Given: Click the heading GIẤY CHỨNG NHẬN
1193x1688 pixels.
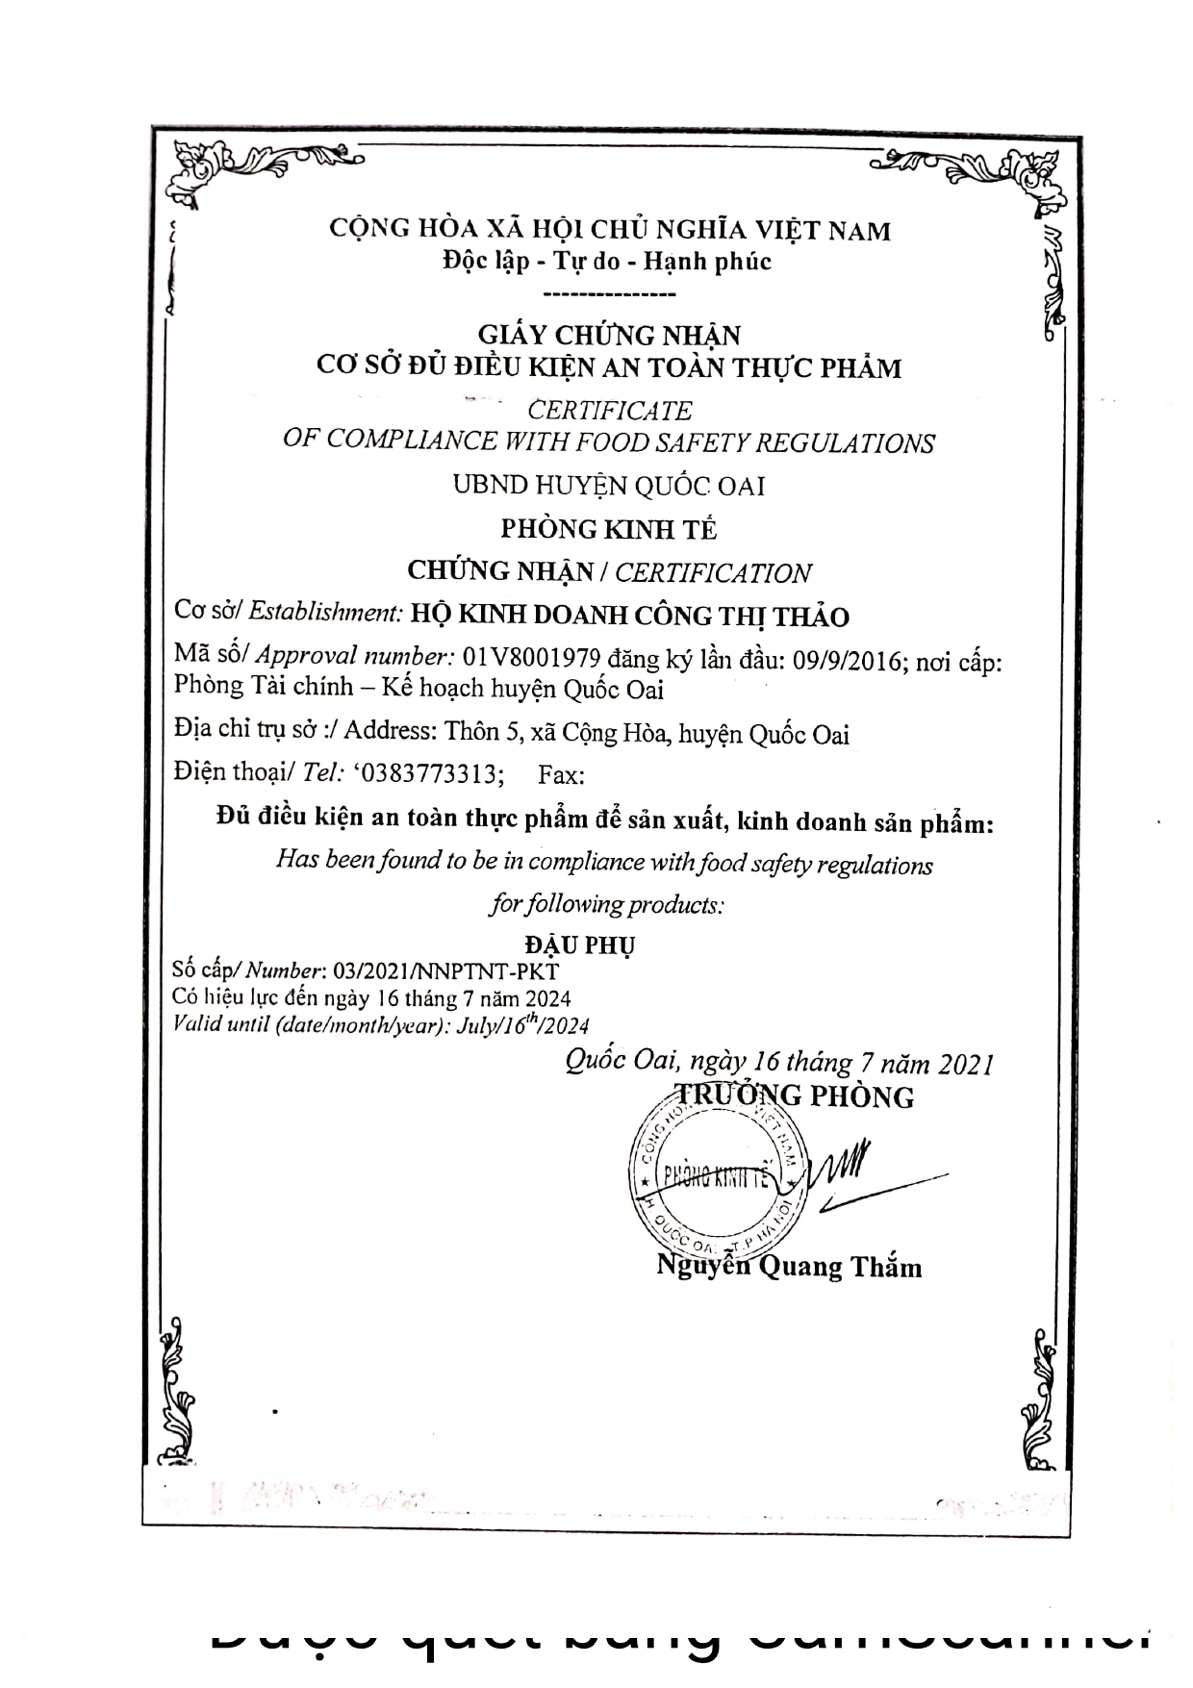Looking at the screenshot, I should (610, 335).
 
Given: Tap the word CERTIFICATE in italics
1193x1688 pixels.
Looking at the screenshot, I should (610, 411).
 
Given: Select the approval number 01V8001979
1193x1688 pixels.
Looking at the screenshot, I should (532, 658).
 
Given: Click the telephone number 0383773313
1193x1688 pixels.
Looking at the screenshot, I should (431, 774).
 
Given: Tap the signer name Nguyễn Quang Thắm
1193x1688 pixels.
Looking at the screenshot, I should (789, 1267).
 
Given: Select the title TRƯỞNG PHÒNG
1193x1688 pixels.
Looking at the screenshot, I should (795, 1096).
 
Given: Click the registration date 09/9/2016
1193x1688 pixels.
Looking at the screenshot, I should (844, 662).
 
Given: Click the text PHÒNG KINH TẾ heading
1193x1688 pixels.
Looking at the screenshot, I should (609, 529).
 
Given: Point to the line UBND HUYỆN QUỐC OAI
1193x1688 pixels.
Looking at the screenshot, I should (609, 486).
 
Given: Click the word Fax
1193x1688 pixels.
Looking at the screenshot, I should (560, 775).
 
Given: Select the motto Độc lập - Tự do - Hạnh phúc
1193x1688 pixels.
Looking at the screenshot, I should (607, 261).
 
